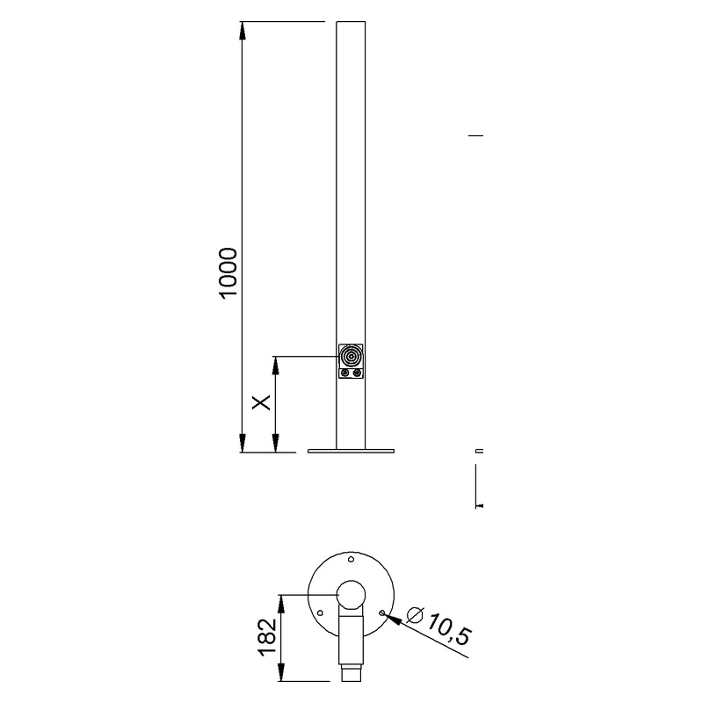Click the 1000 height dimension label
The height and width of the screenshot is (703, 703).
[x=228, y=273]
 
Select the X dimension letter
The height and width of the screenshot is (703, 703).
[x=261, y=402]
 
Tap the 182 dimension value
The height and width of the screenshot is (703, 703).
[x=268, y=637]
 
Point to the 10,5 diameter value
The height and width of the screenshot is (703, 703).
[x=446, y=629]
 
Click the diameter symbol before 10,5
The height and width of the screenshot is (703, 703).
[x=416, y=613]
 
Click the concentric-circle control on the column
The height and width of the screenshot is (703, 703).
[x=351, y=356]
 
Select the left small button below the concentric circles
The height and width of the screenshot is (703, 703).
[x=345, y=373]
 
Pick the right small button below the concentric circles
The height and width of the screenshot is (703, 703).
[x=358, y=373]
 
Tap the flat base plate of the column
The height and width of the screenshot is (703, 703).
[x=351, y=452]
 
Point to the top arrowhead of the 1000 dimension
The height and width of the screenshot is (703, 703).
[x=243, y=29]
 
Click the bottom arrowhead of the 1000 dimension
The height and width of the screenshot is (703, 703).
[x=243, y=446]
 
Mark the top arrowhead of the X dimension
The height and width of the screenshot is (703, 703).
[x=276, y=362]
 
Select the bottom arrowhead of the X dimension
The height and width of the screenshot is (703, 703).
[x=276, y=446]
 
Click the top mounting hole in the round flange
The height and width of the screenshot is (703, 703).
[x=351, y=559]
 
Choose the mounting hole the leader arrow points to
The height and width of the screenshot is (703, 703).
[x=381, y=611]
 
